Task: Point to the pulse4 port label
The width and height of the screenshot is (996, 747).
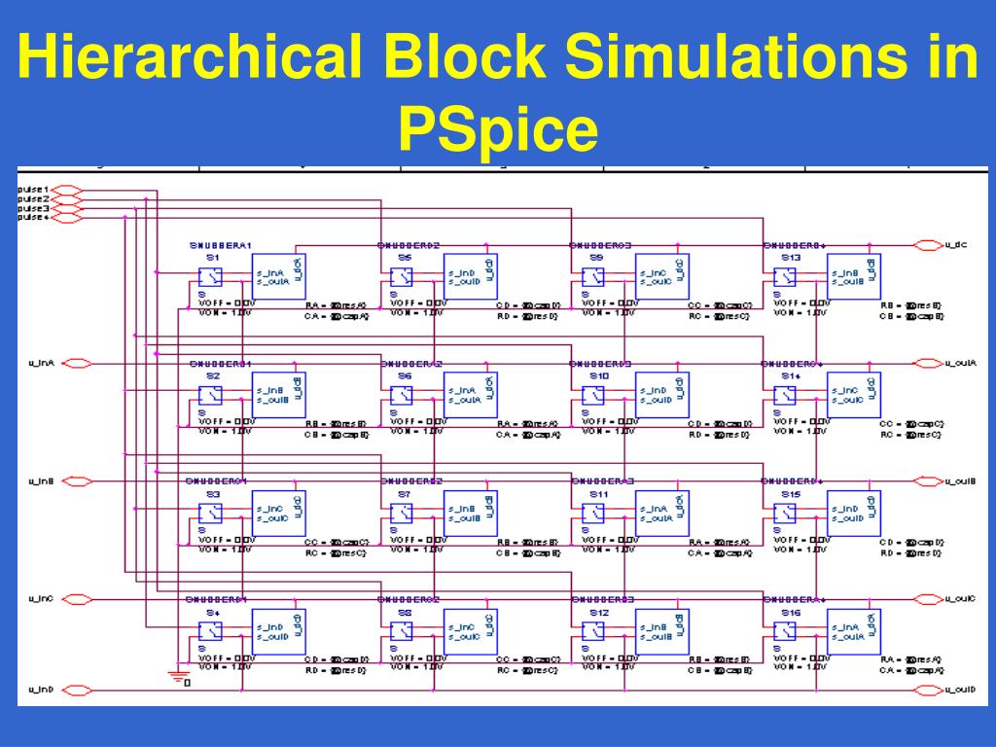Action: pos(32,218)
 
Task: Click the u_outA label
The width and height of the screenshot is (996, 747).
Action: pos(960,364)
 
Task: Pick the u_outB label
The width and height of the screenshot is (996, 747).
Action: pos(960,481)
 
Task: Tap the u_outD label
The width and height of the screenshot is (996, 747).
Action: pos(960,690)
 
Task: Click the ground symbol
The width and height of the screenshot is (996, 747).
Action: pos(176,675)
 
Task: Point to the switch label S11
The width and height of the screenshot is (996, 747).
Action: pos(598,495)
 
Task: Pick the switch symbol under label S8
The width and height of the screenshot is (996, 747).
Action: pos(401,630)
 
